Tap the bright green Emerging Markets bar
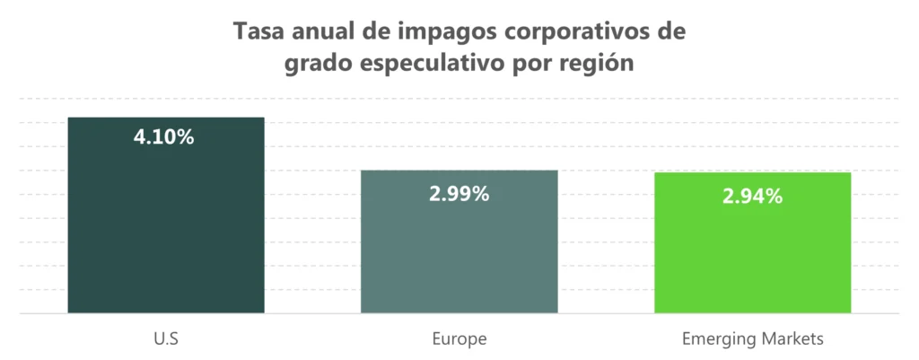(752, 260)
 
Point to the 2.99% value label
(459, 193)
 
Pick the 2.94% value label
(752, 196)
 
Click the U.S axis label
(166, 339)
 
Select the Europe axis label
(459, 339)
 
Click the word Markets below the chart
(791, 339)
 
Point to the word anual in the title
(319, 31)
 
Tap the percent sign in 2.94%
(774, 196)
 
